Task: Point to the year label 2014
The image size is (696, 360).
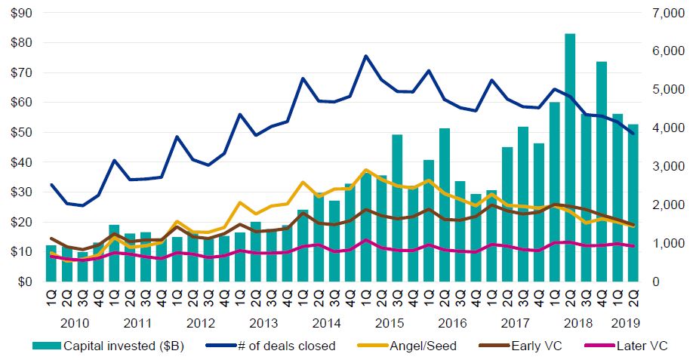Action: [x=326, y=323]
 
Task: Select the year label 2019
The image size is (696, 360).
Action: [x=625, y=323]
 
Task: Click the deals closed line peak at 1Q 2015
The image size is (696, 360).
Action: [x=366, y=56]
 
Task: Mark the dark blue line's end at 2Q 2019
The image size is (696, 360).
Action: [x=633, y=134]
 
